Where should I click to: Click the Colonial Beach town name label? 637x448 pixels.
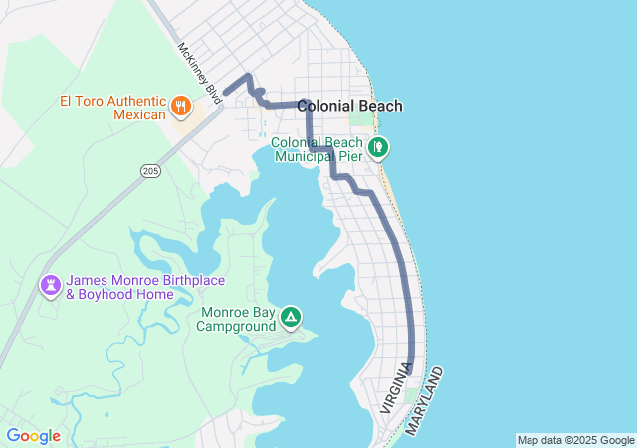(x=349, y=106)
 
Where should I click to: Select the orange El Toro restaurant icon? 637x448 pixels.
(x=180, y=105)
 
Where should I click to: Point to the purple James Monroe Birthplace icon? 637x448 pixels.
(x=50, y=285)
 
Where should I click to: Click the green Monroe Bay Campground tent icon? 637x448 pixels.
(x=290, y=318)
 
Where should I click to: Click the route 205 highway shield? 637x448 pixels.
(x=150, y=171)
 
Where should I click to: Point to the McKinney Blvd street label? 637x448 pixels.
(x=199, y=68)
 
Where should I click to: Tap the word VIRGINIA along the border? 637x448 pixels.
(x=395, y=388)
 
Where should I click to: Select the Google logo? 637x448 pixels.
(x=33, y=436)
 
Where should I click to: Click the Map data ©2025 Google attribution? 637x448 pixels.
(x=575, y=440)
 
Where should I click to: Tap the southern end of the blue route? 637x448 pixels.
(x=410, y=370)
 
